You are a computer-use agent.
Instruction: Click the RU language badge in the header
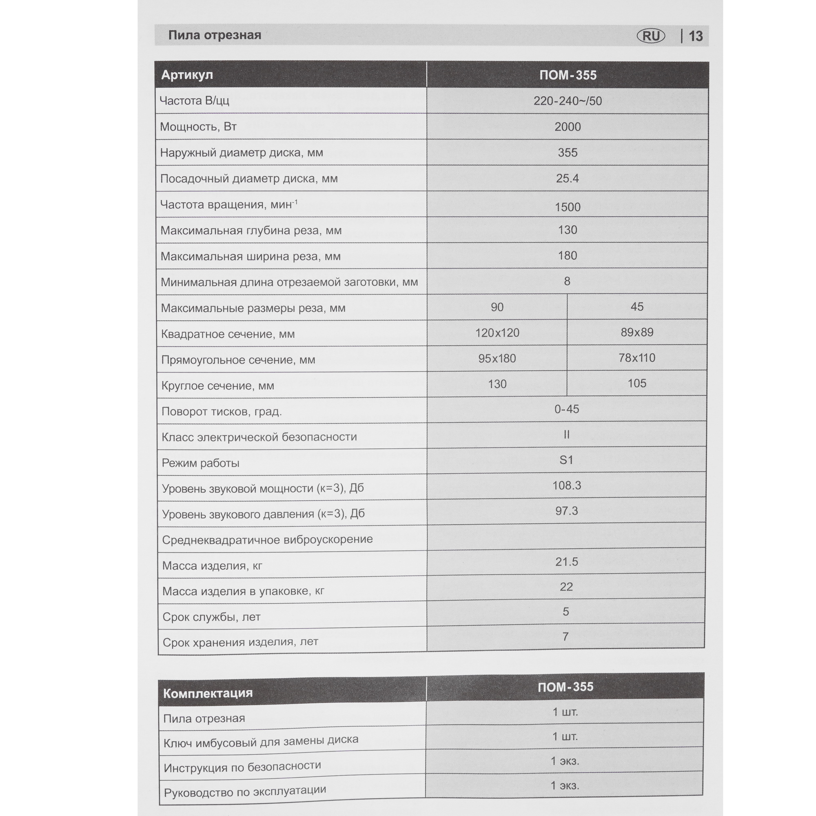(650, 36)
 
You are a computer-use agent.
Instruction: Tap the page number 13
(696, 36)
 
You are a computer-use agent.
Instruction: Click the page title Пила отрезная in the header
(215, 35)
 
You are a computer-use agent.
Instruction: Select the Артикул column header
(187, 75)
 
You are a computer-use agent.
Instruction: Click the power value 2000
(567, 127)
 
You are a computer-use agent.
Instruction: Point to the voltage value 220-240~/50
(567, 101)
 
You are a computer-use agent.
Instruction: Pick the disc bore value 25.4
(567, 178)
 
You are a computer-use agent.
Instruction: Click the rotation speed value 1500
(567, 207)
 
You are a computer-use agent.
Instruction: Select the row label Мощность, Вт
(198, 127)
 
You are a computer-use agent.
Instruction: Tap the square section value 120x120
(497, 333)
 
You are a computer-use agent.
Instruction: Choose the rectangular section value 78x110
(636, 358)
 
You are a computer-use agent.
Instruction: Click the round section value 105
(636, 383)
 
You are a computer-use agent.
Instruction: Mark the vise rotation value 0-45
(566, 409)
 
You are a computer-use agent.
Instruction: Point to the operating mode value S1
(566, 460)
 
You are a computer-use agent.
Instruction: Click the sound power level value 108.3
(566, 485)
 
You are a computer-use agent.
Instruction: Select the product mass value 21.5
(566, 562)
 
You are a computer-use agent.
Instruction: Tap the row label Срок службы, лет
(211, 617)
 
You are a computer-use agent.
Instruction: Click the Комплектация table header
(208, 693)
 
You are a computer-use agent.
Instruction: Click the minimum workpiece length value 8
(567, 281)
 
